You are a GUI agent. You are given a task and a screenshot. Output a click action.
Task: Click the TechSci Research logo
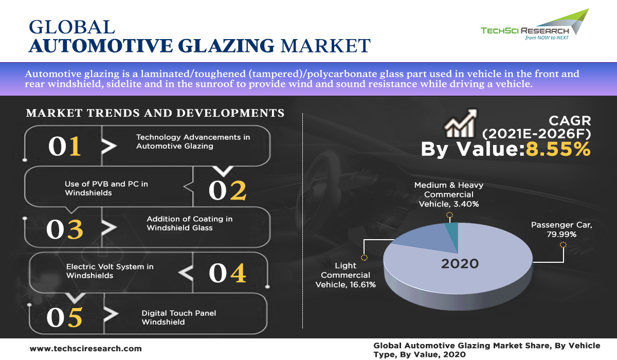[534, 25]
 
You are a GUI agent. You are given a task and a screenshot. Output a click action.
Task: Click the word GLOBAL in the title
[72, 27]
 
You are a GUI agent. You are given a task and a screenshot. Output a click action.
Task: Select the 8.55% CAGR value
[558, 149]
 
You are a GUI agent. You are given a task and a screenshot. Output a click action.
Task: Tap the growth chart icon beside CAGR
[461, 123]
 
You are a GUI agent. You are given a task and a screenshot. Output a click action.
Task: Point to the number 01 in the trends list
[65, 146]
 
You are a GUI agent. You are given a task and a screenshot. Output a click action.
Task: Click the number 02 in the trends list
[227, 190]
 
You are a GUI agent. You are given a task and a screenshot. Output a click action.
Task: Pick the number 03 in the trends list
[65, 229]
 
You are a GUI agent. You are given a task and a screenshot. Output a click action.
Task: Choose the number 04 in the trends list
[227, 273]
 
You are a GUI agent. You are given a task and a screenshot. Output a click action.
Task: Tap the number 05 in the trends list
[65, 317]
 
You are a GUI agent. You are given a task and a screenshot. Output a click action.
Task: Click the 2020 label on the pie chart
[460, 264]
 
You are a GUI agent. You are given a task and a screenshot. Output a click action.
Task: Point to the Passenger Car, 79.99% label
[561, 229]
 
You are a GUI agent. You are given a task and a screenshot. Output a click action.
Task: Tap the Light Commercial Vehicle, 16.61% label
[346, 275]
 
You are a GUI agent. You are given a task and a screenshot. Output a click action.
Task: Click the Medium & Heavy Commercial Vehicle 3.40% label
[449, 194]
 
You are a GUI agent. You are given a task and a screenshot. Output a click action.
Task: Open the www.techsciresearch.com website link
[86, 349]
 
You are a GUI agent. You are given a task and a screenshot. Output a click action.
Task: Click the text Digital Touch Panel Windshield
[179, 317]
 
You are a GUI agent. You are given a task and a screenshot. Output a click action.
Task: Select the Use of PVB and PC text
[106, 184]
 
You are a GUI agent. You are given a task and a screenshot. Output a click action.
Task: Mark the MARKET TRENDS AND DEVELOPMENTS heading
[155, 113]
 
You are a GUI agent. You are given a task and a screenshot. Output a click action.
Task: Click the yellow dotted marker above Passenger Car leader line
[564, 245]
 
